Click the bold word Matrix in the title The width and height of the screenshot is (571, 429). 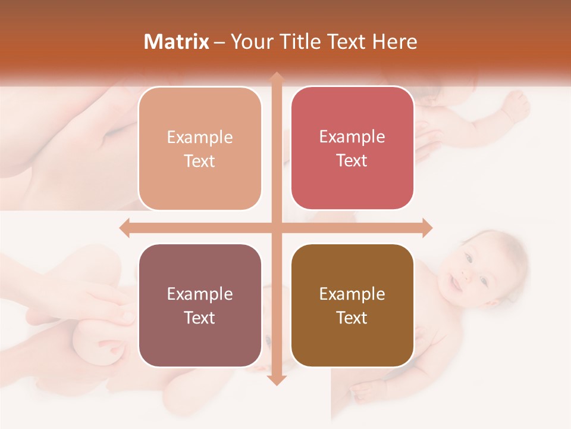(x=177, y=42)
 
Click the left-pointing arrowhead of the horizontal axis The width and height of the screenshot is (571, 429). (x=124, y=228)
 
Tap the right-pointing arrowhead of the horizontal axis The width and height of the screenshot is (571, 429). (x=427, y=228)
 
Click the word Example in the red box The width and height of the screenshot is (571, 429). (x=352, y=137)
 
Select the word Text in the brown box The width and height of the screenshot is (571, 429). (x=352, y=318)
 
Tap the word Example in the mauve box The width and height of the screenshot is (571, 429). (x=200, y=294)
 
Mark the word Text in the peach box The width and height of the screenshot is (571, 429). (x=200, y=161)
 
